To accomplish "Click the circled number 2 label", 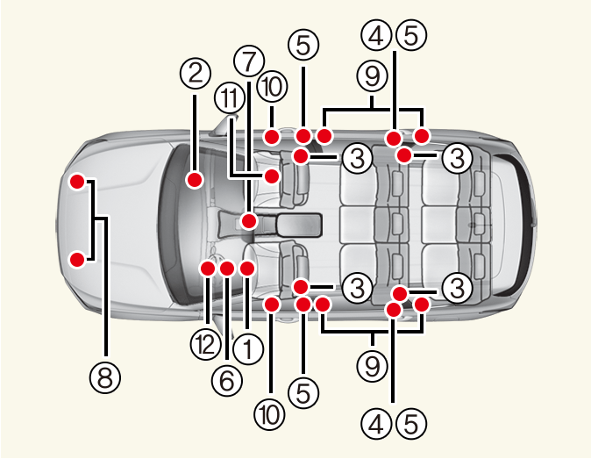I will pos(194,73).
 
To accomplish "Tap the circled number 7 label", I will pos(249,61).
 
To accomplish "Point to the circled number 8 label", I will pos(104,378).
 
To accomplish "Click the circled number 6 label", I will pos(226,378).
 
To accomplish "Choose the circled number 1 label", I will pos(248,350).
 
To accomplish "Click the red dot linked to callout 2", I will pos(195,180).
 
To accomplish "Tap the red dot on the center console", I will pos(249,222).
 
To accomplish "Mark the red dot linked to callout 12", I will pos(208,268).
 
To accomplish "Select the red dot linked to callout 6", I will pos(226,268).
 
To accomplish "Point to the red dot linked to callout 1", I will pos(246,268).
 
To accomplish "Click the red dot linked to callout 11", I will pos(272,176).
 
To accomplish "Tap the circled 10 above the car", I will pos(272,87).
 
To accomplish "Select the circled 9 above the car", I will pos(373,76).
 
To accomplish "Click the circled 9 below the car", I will pos(373,363).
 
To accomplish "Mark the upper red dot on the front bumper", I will pos(77,183).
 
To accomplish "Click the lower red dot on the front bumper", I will pos(77,259).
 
